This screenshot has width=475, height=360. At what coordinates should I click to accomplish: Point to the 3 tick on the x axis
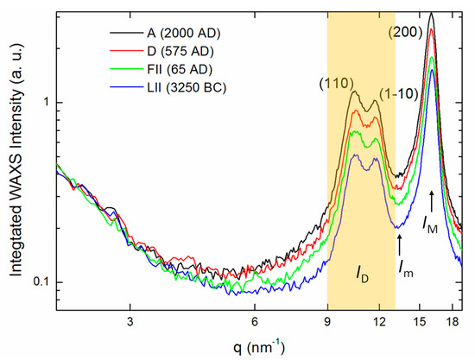point(130,319)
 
